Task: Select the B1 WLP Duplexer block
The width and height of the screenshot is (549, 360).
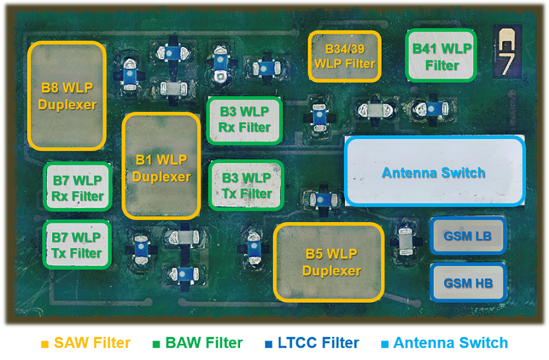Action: click(x=162, y=167)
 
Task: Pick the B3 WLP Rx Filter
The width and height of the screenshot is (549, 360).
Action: click(x=245, y=120)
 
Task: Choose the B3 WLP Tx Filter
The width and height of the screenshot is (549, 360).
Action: click(x=246, y=185)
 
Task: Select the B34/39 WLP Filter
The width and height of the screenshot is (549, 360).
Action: click(x=344, y=57)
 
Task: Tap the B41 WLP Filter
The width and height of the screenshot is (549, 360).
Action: click(x=442, y=56)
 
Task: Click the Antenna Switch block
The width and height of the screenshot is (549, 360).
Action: click(x=434, y=173)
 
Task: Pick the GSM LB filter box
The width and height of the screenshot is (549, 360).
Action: click(x=468, y=236)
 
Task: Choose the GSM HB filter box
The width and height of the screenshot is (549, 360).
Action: click(x=468, y=283)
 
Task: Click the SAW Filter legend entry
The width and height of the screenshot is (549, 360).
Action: click(x=92, y=343)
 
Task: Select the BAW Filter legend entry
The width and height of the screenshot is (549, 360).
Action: click(x=203, y=343)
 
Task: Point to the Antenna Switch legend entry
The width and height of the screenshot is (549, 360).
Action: click(x=450, y=343)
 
